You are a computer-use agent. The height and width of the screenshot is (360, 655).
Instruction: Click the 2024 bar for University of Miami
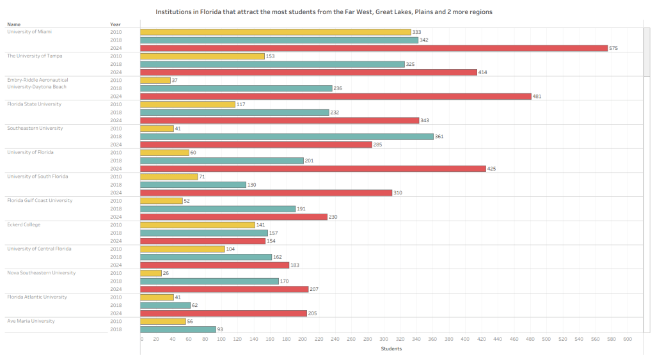pyautogui.click(x=374, y=48)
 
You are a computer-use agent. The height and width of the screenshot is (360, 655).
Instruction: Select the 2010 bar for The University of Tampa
pyautogui.click(x=202, y=56)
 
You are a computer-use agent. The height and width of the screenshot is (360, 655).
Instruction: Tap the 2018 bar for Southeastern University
pyautogui.click(x=287, y=136)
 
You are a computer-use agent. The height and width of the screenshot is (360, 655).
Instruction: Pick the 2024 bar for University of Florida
pyautogui.click(x=313, y=169)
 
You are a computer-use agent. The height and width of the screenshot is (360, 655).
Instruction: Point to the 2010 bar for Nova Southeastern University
pyautogui.click(x=151, y=273)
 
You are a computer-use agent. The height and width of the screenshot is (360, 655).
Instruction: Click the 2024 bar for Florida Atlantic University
pyautogui.click(x=223, y=313)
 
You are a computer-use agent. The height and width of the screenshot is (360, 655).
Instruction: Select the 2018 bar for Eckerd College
pyautogui.click(x=204, y=233)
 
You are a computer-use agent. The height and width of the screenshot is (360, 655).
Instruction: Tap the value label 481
pyautogui.click(x=539, y=97)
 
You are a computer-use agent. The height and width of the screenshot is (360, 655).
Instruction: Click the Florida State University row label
pyautogui.click(x=34, y=104)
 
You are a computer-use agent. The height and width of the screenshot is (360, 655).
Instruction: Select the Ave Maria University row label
pyautogui.click(x=31, y=321)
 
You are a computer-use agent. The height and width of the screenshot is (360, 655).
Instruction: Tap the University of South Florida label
pyautogui.click(x=37, y=176)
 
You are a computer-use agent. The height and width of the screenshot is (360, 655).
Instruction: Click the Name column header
pyautogui.click(x=13, y=24)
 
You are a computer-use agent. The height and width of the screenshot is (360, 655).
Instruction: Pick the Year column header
pyautogui.click(x=115, y=24)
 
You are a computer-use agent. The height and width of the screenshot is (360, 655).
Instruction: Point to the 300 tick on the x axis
pyautogui.click(x=384, y=340)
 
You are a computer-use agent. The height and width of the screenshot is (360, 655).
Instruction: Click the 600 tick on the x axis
pyautogui.click(x=627, y=340)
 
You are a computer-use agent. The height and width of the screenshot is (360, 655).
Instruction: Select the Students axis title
pyautogui.click(x=391, y=348)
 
